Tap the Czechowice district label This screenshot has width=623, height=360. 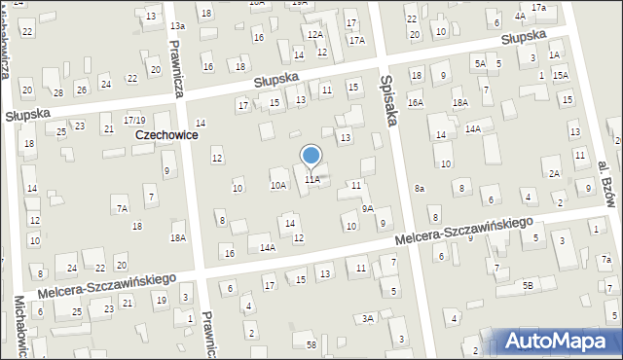tap(166, 135)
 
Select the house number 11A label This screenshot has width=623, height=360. tap(311, 180)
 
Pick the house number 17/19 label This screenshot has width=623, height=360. tap(134, 120)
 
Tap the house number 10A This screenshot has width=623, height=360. tap(278, 185)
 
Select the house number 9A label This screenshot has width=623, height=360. tap(367, 208)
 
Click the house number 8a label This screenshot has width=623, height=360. tap(420, 188)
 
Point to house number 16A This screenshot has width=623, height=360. tap(416, 102)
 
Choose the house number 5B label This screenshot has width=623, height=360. tap(528, 285)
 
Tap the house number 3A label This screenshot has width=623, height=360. tap(368, 318)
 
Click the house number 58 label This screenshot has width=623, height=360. tap(311, 345)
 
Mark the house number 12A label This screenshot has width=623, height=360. tap(314, 34)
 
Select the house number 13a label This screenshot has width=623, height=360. tap(177, 25)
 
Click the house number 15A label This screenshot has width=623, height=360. tap(560, 75)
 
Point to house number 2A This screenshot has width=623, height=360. tap(554, 173)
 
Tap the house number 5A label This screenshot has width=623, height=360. tap(480, 63)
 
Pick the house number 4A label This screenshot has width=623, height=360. tap(520, 16)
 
